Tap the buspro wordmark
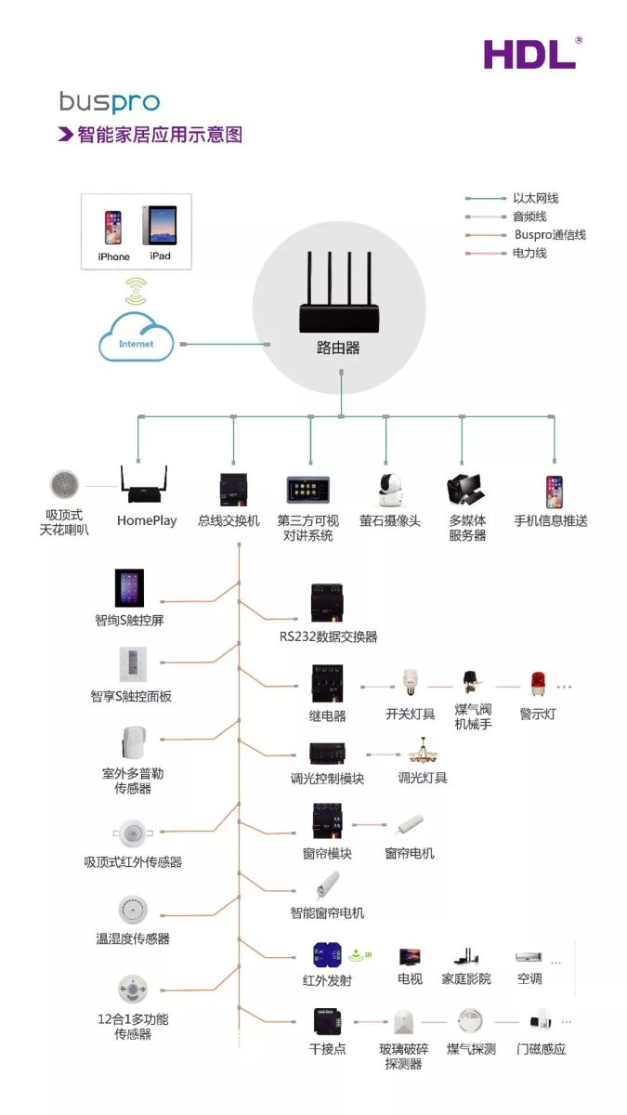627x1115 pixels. (110, 102)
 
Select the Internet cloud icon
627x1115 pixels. (136, 337)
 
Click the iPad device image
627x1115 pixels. (159, 225)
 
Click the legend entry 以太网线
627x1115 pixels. (535, 198)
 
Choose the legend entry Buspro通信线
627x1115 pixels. (550, 234)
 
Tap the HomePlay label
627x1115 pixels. (147, 520)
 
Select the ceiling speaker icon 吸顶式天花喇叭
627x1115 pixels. (64, 484)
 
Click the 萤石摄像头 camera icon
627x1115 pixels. (389, 491)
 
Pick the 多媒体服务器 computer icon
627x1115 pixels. (466, 489)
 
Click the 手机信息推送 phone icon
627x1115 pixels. (554, 492)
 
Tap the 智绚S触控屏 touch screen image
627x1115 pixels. (129, 588)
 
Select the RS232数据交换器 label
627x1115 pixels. (329, 636)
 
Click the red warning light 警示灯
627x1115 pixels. (538, 684)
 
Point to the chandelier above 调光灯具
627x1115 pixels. (423, 750)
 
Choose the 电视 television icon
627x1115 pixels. (410, 957)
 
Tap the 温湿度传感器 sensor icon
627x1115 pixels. (133, 910)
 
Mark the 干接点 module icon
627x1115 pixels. (327, 1022)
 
